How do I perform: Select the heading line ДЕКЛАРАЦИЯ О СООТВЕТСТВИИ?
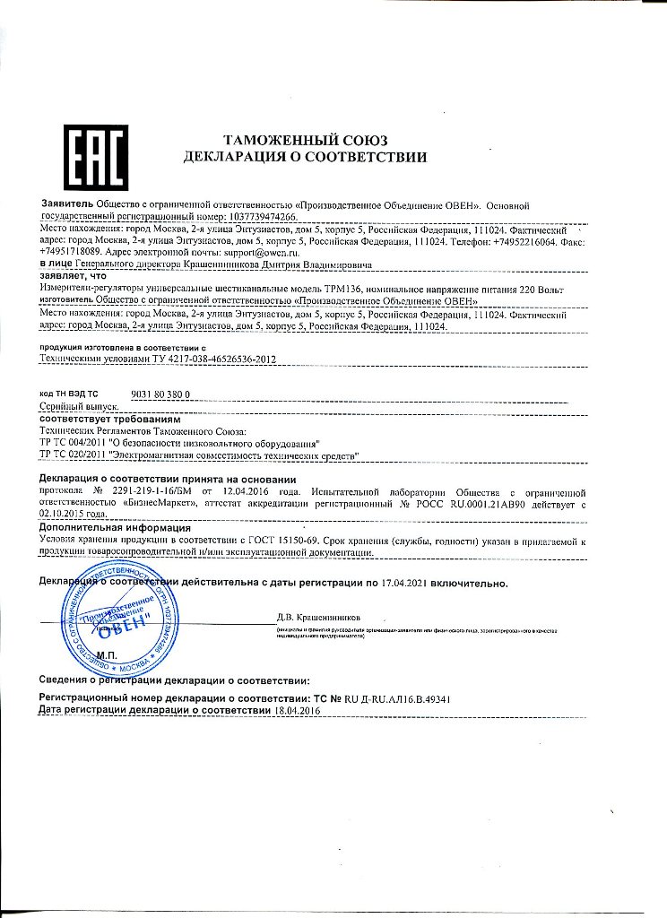tap(305, 158)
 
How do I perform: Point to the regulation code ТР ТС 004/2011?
tap(73, 444)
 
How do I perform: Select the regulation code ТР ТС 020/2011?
tap(73, 456)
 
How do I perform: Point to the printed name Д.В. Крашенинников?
tap(318, 617)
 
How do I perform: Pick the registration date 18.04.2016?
tap(297, 710)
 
